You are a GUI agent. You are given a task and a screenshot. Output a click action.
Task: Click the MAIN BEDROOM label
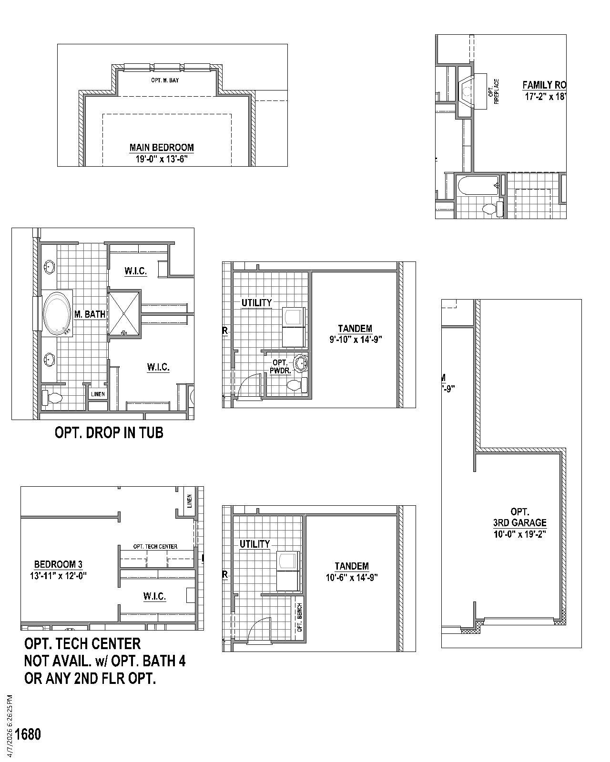point(162,148)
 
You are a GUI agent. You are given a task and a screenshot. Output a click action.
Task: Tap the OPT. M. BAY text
point(165,80)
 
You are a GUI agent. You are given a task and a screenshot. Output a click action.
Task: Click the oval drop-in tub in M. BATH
point(57,313)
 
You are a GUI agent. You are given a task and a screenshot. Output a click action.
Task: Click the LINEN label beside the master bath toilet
point(98,394)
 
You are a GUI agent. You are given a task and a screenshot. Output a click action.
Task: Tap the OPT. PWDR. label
point(280,366)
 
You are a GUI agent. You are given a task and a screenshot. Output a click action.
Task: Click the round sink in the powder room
point(301,364)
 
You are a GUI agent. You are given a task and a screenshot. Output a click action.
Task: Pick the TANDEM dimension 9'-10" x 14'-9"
point(356,340)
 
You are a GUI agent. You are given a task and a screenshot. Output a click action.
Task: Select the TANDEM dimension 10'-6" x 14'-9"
point(352,578)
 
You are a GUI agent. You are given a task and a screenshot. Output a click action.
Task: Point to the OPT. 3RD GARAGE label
point(519,517)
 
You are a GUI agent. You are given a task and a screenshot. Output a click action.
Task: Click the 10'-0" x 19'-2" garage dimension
point(519,534)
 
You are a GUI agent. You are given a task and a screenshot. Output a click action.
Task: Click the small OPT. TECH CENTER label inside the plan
point(155,546)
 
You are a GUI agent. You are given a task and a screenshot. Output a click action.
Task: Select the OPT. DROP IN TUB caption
point(109,432)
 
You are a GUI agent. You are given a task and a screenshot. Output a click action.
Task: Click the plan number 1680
point(28,734)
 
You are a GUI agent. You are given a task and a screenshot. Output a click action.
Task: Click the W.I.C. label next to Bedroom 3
point(154,596)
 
